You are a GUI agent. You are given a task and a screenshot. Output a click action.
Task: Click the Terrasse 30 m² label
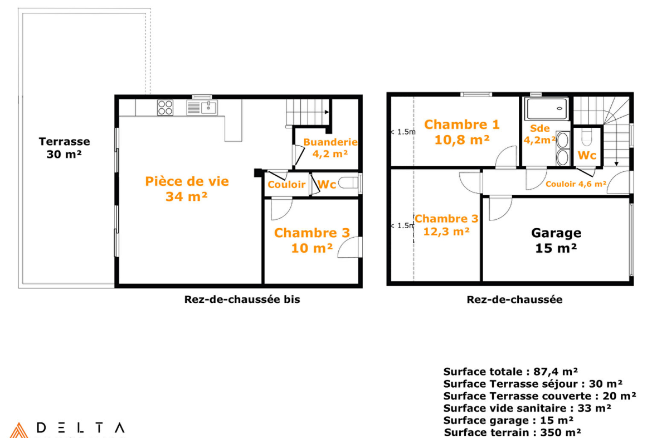point(65,148)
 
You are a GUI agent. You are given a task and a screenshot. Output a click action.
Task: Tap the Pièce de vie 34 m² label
point(187,189)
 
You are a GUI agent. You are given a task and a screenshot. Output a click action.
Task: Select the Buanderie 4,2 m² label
point(330,148)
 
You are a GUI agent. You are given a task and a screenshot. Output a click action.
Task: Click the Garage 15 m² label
point(556,240)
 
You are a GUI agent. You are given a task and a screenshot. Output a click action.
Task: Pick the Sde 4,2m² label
point(540,134)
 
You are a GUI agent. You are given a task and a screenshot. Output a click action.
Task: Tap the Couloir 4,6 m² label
point(576,184)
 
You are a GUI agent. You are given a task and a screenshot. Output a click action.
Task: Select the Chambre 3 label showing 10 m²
point(312,240)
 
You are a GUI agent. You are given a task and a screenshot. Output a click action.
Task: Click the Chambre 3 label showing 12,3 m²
point(446,225)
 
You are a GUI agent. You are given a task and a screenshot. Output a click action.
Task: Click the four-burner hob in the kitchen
point(165,108)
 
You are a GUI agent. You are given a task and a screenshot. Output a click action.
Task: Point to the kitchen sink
point(202,108)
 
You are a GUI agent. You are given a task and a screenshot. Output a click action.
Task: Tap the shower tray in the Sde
point(546,109)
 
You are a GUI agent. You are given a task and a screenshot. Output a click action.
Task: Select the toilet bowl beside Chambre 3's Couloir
point(348,183)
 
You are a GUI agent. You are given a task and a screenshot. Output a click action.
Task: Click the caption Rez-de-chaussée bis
point(242,300)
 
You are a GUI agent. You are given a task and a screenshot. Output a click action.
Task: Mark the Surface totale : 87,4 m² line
point(510,372)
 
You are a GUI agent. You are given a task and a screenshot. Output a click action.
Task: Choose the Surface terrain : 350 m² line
point(512,432)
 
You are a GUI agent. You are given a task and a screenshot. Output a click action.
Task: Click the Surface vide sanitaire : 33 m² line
point(527,408)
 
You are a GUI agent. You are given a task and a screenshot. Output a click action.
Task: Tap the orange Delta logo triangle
point(19,431)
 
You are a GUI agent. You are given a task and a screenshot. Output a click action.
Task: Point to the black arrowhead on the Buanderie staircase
point(327,112)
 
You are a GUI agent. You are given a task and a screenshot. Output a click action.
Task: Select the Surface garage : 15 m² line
point(508,420)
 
